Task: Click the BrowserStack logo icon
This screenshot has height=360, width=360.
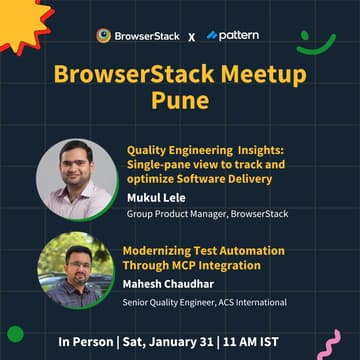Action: coord(103,36)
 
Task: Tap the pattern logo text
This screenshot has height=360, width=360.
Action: coord(239,35)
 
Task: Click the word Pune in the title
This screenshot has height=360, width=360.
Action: coord(179,103)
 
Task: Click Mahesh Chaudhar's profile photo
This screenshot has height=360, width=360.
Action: coord(76,270)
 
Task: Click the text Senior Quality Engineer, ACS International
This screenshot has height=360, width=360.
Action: coord(204,301)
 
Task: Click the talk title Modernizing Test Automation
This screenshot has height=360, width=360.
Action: coord(203,250)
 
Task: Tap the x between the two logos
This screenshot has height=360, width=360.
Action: coord(191,36)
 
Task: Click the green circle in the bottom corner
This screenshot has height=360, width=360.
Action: coord(15,334)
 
